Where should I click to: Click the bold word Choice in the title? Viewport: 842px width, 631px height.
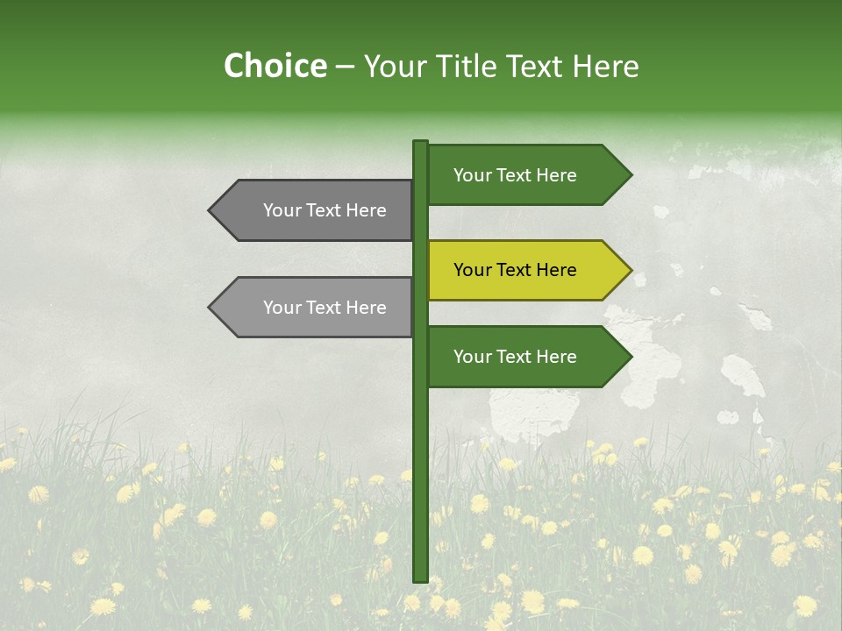(x=275, y=67)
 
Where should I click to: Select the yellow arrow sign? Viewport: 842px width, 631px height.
(x=526, y=270)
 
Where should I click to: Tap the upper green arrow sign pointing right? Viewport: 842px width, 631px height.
(x=526, y=175)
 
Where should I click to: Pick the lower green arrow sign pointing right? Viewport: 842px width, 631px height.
(x=526, y=357)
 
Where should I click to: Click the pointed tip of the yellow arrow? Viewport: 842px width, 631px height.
(x=629, y=270)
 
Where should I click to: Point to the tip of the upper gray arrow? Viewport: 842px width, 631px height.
(x=211, y=210)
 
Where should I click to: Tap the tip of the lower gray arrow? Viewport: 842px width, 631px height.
(x=211, y=308)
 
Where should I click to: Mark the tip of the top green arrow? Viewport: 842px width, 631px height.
(x=629, y=175)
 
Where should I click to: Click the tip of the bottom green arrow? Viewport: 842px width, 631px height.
(x=629, y=357)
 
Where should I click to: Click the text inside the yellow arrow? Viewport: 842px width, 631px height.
(x=515, y=270)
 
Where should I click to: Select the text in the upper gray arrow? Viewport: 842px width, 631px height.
(x=325, y=210)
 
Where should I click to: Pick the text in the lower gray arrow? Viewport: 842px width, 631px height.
(x=325, y=308)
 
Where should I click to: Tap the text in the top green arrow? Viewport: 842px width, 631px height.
(x=515, y=175)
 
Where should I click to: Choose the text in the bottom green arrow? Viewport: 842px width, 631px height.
(x=515, y=357)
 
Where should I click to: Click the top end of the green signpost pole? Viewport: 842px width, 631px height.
(x=420, y=143)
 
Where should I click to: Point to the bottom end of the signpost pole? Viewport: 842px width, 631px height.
(x=420, y=579)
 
